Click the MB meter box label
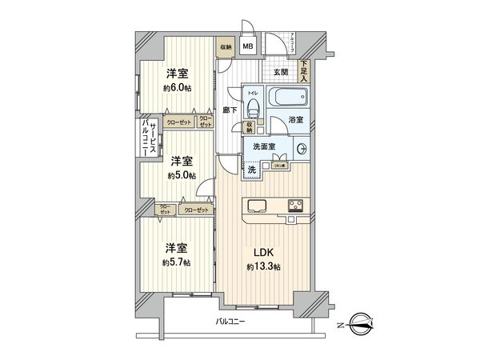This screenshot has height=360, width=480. (249, 47)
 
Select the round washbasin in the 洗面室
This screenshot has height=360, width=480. (303, 149)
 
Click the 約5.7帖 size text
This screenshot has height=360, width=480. (177, 261)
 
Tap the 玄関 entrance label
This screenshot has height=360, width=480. (281, 72)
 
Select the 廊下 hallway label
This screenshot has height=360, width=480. (230, 110)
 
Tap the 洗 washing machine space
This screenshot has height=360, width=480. (251, 170)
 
